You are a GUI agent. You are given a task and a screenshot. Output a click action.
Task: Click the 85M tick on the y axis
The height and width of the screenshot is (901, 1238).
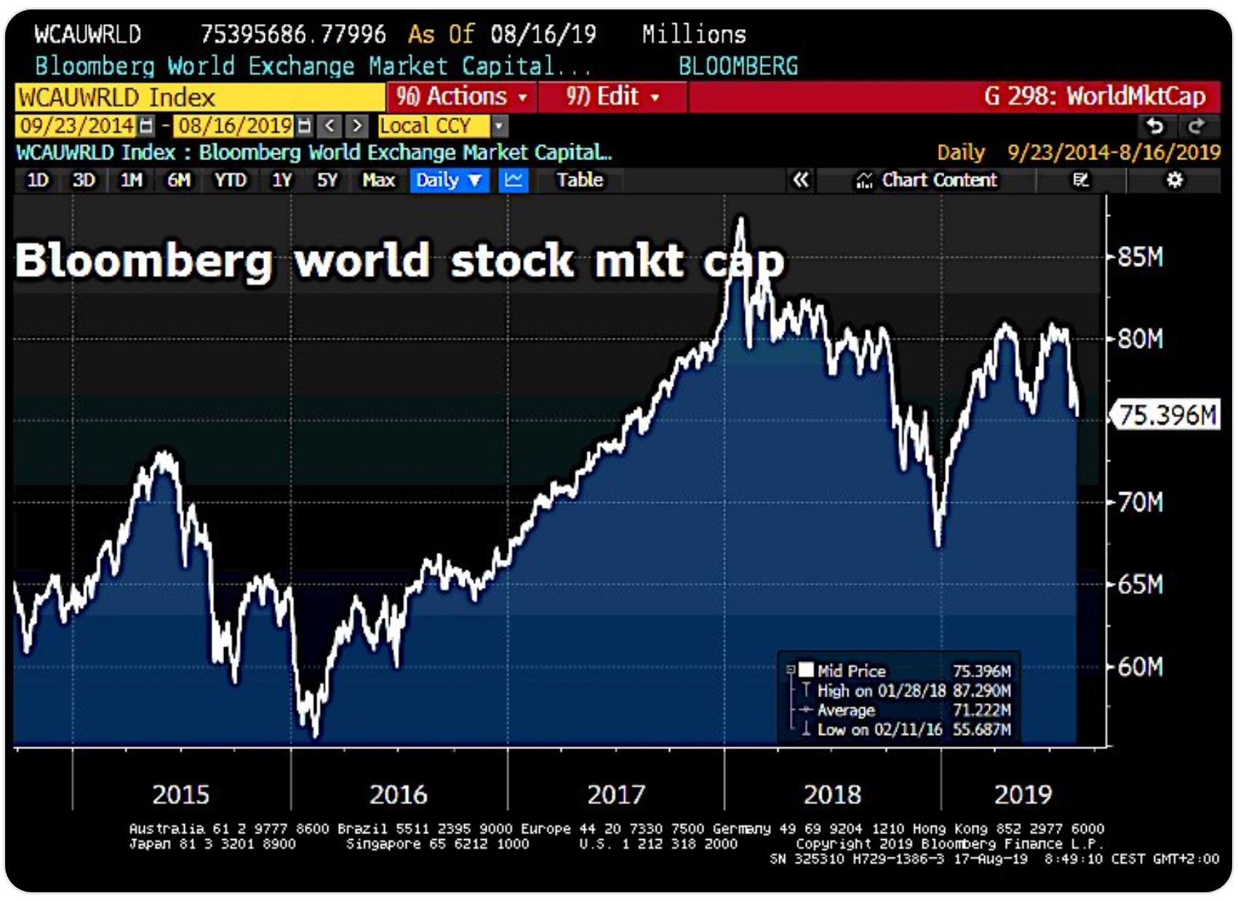point(1140,257)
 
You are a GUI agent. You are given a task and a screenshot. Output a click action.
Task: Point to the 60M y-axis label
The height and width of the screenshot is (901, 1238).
point(1140,667)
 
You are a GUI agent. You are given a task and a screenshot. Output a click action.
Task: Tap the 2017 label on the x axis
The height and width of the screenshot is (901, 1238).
point(615,794)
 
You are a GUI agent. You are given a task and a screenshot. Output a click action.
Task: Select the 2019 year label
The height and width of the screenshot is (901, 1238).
point(1022,794)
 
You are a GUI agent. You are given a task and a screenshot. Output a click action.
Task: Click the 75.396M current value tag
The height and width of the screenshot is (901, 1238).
point(1166,415)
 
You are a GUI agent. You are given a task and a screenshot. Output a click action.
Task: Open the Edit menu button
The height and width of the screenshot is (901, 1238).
point(612,97)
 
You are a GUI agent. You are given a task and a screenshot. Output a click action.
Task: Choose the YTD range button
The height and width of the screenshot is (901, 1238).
point(230,180)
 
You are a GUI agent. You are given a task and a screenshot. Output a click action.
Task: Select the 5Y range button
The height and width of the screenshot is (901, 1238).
point(327,180)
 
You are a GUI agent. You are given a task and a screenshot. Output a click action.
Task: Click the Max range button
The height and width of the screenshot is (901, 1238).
point(378,180)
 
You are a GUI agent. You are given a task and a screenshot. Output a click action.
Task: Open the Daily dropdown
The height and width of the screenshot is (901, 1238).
point(449,180)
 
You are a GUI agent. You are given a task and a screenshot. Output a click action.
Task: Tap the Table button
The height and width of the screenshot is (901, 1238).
point(580,180)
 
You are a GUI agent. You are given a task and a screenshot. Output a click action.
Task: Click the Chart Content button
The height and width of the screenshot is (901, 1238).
point(927,180)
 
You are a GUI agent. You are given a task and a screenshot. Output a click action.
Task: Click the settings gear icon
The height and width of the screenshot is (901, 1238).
point(1174,180)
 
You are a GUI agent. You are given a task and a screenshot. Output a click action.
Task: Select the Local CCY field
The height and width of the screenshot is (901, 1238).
point(434,126)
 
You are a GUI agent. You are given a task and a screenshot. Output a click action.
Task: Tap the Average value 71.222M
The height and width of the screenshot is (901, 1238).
point(981,710)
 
